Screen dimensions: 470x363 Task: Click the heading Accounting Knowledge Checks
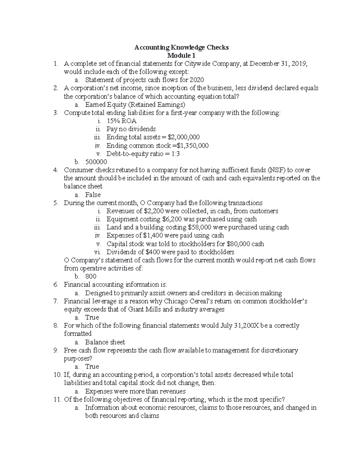[181, 48]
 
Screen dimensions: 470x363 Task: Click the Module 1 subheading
[181, 56]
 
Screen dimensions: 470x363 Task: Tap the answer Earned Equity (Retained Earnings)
[135, 105]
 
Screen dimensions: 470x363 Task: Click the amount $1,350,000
[193, 146]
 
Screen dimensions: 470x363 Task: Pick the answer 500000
[96, 162]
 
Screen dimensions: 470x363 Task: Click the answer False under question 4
[93, 195]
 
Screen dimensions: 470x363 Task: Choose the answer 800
[91, 276]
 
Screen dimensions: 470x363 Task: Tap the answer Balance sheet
[105, 342]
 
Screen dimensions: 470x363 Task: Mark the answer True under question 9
[92, 366]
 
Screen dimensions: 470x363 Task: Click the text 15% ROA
[121, 121]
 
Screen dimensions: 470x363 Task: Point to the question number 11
[57, 399]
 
